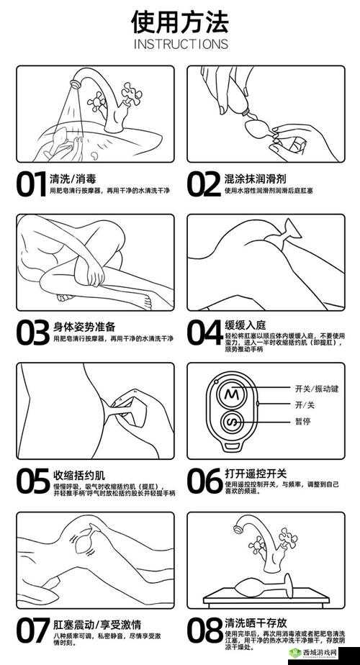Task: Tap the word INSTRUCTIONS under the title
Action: (180, 45)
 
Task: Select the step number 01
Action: (32, 184)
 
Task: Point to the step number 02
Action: (204, 184)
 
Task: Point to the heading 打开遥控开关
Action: (256, 474)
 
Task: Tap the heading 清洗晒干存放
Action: (256, 623)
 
